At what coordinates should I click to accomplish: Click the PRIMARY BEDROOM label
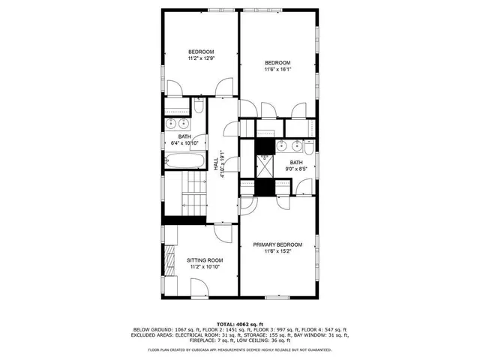(277, 245)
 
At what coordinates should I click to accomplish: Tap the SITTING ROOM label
(205, 260)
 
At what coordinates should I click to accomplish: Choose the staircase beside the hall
(193, 193)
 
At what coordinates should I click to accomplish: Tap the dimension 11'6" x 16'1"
(277, 70)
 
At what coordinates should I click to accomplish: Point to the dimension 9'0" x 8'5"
(296, 169)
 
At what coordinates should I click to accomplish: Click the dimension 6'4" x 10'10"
(184, 142)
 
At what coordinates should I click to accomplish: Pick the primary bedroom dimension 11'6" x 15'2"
(277, 252)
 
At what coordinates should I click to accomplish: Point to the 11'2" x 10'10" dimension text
(205, 267)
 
